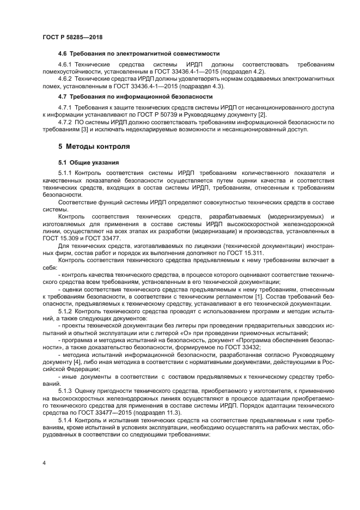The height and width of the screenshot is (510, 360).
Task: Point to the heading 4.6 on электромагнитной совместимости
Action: click(138, 53)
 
